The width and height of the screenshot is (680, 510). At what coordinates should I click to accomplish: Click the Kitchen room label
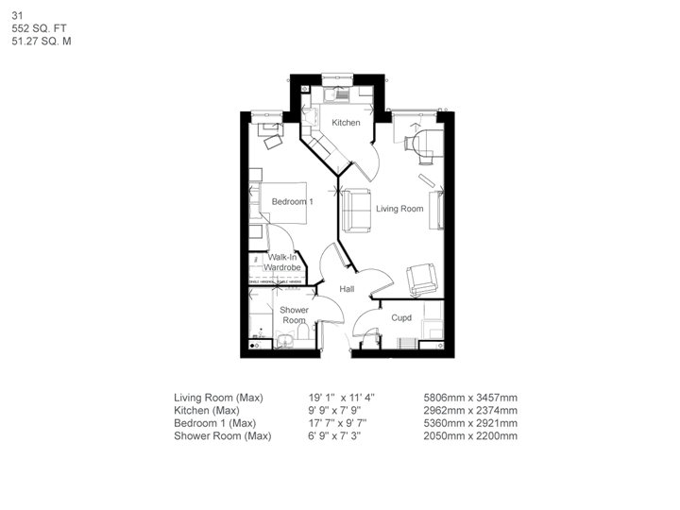coord(346,123)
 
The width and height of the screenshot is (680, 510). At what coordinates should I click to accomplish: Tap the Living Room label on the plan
coord(399,209)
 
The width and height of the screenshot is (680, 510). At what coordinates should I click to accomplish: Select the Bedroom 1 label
coord(293,202)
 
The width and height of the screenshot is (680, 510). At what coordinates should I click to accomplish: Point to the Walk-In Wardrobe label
coord(282,263)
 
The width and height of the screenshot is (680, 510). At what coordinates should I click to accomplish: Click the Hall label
coord(347,289)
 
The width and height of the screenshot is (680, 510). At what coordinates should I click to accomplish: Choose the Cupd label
coord(401,318)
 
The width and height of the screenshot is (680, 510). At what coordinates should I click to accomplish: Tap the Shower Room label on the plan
coord(294,315)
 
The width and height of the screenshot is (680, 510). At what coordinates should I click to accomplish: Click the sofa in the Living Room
coord(356,210)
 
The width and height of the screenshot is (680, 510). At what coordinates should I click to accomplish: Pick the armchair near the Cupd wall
coord(421,279)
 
